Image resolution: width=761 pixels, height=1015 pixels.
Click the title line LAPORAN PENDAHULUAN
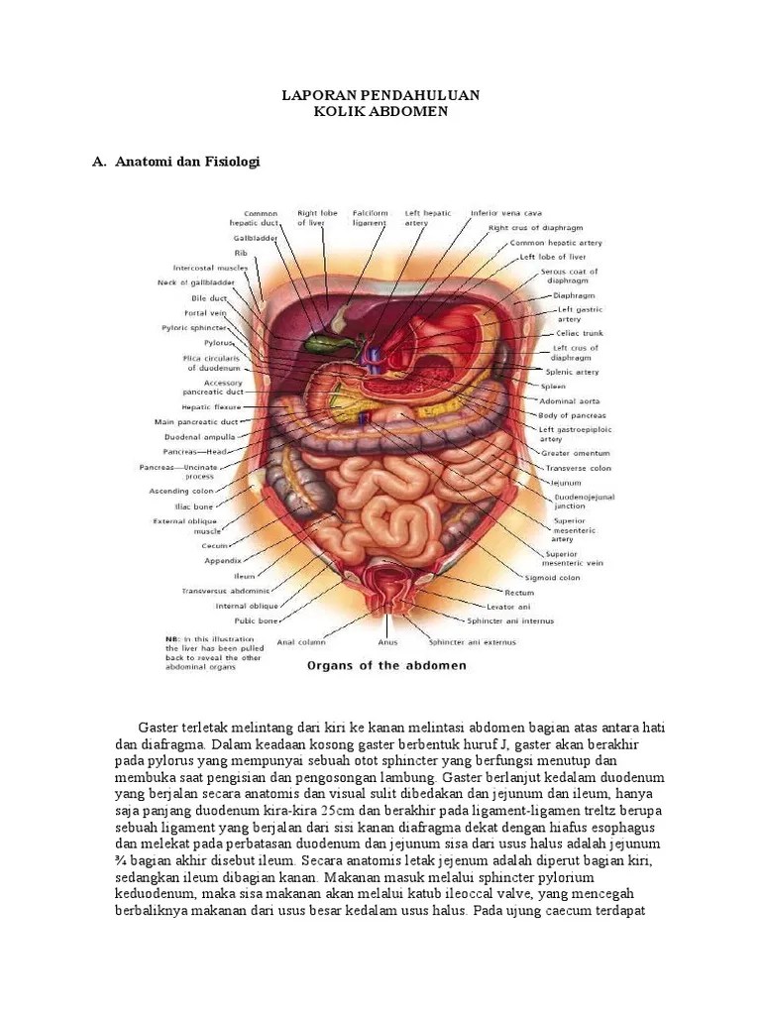click(380, 94)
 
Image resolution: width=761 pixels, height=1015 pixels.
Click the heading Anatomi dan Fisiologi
click(186, 161)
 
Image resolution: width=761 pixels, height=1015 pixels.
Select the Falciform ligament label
click(371, 218)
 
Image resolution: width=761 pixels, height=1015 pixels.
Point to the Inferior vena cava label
click(505, 212)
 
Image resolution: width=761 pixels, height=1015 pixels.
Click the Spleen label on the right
click(553, 386)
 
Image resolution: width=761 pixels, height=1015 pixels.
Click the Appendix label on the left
click(223, 560)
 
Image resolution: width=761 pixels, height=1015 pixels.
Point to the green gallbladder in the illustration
click(320, 344)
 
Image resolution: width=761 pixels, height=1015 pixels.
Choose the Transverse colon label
click(576, 468)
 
